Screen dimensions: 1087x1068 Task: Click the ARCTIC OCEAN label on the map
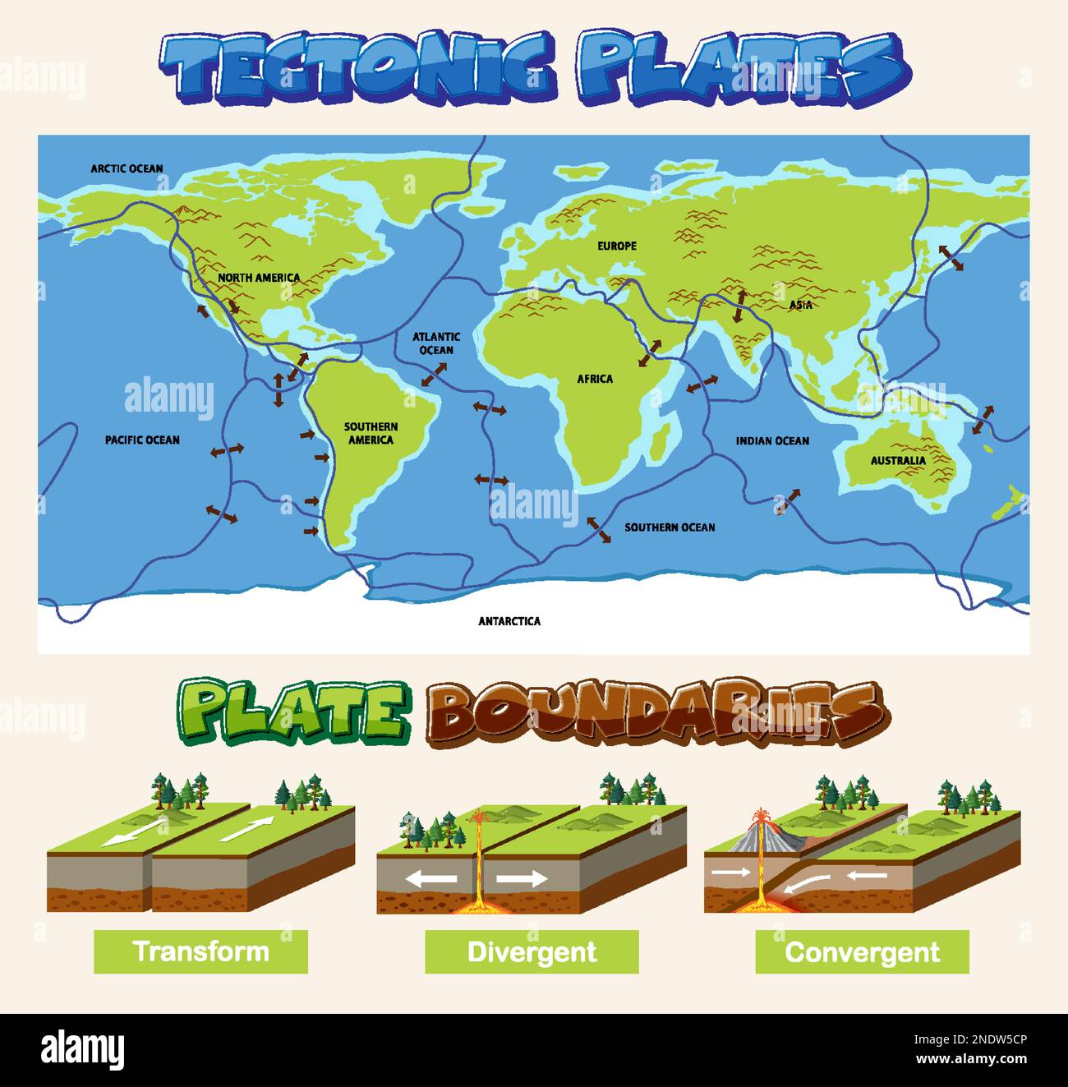pyautogui.click(x=127, y=168)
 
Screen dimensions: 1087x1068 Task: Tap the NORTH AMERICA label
pyautogui.click(x=259, y=278)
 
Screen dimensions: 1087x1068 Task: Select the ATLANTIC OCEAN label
pyautogui.click(x=436, y=343)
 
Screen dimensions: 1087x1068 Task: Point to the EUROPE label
pyautogui.click(x=617, y=246)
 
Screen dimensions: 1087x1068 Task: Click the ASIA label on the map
pyautogui.click(x=801, y=305)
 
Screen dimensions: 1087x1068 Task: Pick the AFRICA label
pyautogui.click(x=595, y=379)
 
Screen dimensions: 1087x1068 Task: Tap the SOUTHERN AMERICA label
pyautogui.click(x=371, y=433)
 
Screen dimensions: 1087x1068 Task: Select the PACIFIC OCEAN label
pyautogui.click(x=142, y=440)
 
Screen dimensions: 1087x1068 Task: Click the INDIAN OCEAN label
pyautogui.click(x=772, y=441)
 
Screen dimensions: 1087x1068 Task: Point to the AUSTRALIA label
pyautogui.click(x=898, y=461)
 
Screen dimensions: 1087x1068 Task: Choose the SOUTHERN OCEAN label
pyautogui.click(x=670, y=527)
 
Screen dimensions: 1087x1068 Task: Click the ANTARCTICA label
pyautogui.click(x=509, y=621)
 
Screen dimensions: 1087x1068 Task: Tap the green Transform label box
pyautogui.click(x=200, y=951)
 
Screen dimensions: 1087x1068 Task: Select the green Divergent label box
pyautogui.click(x=532, y=951)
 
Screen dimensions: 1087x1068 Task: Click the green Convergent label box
pyautogui.click(x=862, y=951)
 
